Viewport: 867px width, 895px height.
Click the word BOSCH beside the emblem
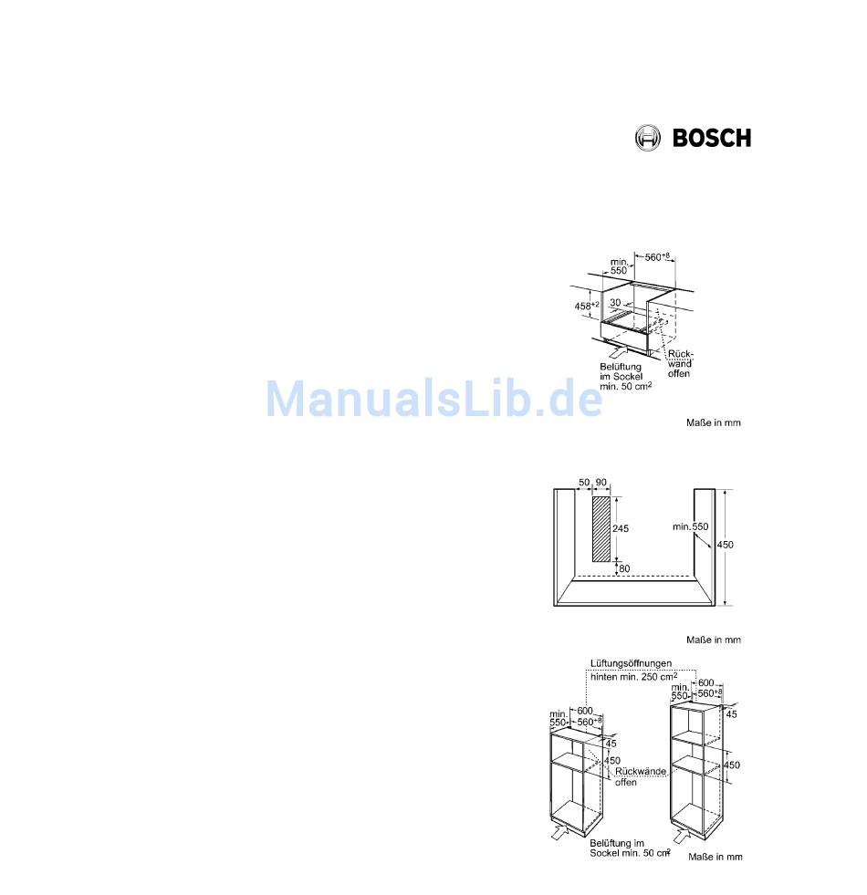712,138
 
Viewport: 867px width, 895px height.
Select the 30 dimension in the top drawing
615,302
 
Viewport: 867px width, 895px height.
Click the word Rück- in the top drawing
681,353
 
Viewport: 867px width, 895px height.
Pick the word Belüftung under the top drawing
620,367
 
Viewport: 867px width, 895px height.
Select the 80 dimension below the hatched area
624,569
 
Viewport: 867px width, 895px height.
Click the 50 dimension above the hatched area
584,482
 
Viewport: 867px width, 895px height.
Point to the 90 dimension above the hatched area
601,482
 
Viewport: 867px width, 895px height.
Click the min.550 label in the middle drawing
691,527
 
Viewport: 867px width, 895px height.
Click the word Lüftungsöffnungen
632,663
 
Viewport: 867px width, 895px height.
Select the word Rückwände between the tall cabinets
642,771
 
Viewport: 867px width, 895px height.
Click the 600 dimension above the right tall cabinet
706,682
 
